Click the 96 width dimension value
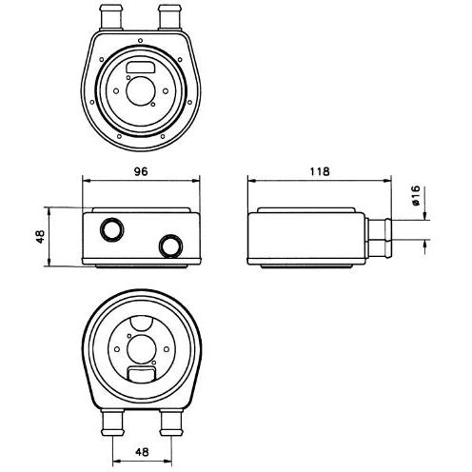141,171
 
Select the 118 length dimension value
320,171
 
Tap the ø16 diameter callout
416,196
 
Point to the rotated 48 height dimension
40,237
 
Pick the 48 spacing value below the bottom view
142,452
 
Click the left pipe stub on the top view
111,17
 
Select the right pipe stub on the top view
169,17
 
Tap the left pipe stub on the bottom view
112,423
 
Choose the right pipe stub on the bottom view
171,423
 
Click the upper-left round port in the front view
111,229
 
